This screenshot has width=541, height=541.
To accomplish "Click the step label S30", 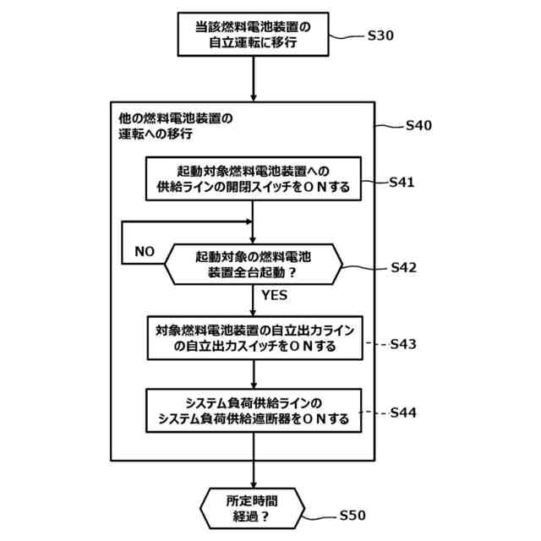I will [381, 36].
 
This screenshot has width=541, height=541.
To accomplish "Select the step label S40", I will [418, 125].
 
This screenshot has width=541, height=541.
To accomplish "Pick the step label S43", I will [402, 344].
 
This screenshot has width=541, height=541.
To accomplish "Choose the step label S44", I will [402, 413].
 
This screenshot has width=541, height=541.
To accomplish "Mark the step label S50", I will [352, 515].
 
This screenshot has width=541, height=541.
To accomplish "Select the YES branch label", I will [274, 296].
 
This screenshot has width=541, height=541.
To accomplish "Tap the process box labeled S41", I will [254, 179].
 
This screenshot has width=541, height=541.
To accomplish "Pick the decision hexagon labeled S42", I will [254, 265].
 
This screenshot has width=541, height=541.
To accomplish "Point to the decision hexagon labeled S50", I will [254, 509].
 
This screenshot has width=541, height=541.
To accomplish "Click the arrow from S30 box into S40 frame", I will [254, 79].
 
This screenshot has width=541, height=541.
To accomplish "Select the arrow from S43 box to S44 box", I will [254, 374].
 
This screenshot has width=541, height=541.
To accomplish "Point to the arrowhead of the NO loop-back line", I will [249, 222].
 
